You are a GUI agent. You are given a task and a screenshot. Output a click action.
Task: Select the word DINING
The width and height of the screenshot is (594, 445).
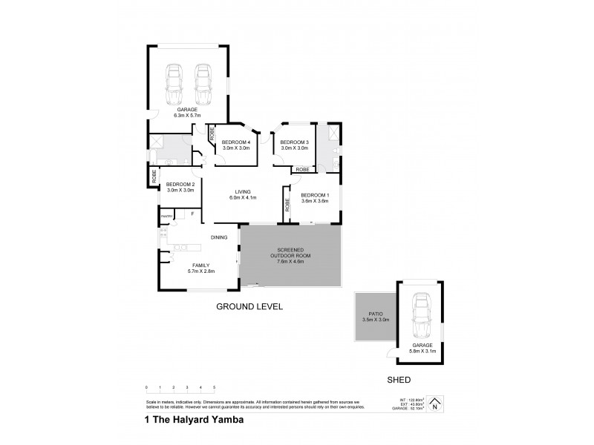click(x=218, y=237)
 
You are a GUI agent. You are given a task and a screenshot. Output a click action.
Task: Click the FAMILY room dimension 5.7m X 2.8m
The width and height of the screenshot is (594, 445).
click(x=200, y=271)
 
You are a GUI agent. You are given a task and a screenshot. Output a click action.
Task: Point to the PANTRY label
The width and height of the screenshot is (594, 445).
click(x=167, y=216)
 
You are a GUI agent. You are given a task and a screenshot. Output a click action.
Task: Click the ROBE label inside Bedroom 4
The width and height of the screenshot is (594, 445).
click(x=212, y=135)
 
